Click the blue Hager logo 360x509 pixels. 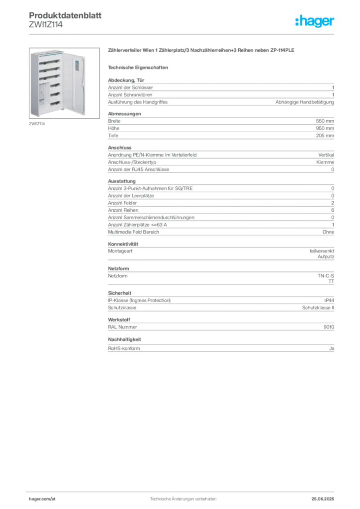pos(316,21)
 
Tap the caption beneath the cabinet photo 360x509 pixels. pos(37,124)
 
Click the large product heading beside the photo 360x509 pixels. pos(203,51)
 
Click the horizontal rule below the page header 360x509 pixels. pos(183,34)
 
